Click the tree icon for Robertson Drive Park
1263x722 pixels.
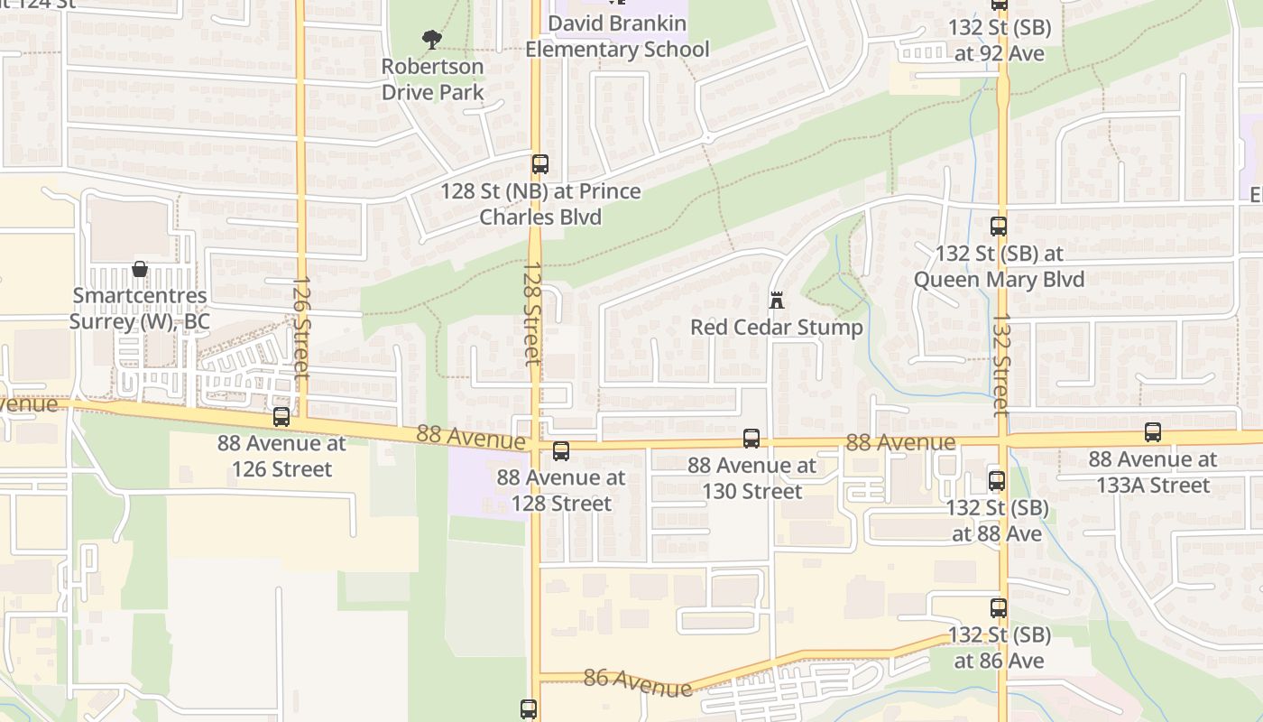pyautogui.click(x=432, y=39)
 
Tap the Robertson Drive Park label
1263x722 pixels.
pyautogui.click(x=432, y=79)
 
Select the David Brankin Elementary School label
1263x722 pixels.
pyautogui.click(x=617, y=36)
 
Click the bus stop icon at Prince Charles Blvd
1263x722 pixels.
pyautogui.click(x=540, y=164)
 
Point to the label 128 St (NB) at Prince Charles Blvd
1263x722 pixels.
pyautogui.click(x=540, y=204)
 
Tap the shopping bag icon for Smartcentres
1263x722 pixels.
pyautogui.click(x=140, y=269)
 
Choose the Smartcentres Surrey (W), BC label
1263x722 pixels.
pyautogui.click(x=140, y=309)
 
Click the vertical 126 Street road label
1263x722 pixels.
pyautogui.click(x=301, y=327)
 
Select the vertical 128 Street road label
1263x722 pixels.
pyautogui.click(x=533, y=313)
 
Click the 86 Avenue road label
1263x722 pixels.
pyautogui.click(x=638, y=682)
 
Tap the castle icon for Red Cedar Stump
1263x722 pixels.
pyautogui.click(x=776, y=301)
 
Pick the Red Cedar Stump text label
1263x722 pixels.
pyautogui.click(x=776, y=327)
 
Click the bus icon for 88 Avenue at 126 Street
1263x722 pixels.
pyautogui.click(x=281, y=417)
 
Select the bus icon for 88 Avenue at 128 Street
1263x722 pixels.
pyautogui.click(x=561, y=451)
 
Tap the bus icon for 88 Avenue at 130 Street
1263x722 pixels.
pyautogui.click(x=751, y=439)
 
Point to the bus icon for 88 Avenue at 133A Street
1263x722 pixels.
pyautogui.click(x=1153, y=432)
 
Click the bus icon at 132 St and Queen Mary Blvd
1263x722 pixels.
pyautogui.click(x=999, y=227)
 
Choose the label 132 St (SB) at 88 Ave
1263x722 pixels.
pyautogui.click(x=997, y=521)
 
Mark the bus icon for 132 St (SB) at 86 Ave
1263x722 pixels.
pyautogui.click(x=999, y=608)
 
